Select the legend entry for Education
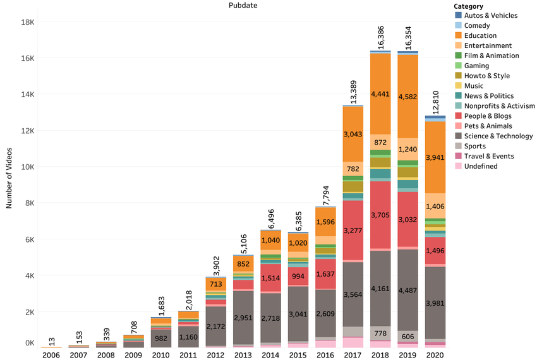coord(480,35)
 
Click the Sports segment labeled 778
coord(380,333)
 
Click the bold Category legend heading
coord(469,6)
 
